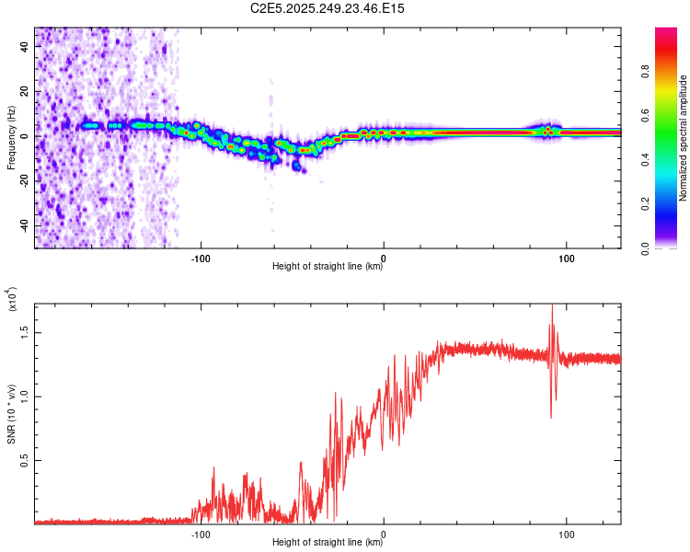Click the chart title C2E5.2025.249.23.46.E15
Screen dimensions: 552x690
328,8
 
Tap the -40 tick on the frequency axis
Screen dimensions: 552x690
24,225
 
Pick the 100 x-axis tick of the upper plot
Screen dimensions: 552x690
567,258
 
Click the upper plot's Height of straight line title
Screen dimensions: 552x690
328,267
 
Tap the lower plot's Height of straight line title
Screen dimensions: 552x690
328,543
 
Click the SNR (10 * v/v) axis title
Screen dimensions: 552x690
11,406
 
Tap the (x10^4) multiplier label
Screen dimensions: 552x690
11,300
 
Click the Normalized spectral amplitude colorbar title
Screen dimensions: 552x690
684,138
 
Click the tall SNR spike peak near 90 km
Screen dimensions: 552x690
552,306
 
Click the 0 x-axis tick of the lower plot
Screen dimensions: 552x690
384,534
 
